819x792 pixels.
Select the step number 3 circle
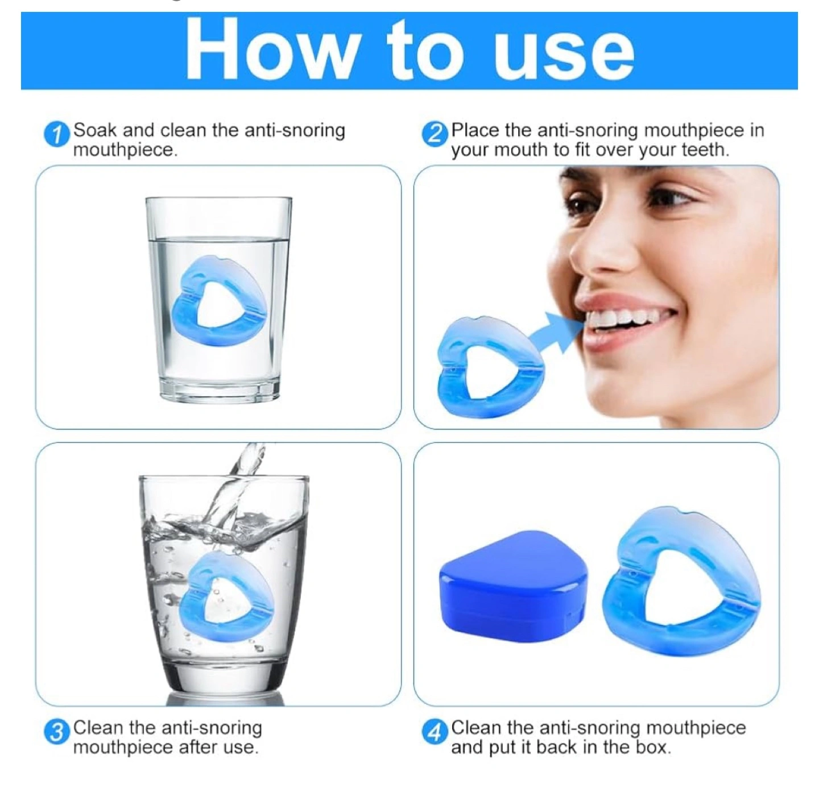tap(56, 733)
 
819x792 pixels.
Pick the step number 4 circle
tap(435, 733)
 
